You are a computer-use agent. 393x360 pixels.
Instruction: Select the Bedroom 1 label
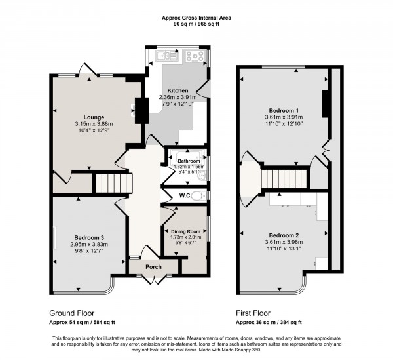click(284, 110)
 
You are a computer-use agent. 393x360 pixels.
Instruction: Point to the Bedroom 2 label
click(284, 235)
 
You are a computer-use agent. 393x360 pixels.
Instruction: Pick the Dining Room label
click(185, 231)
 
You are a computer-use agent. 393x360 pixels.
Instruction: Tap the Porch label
click(153, 266)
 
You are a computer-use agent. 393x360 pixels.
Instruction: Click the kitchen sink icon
click(167, 55)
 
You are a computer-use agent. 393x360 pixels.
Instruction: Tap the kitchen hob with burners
click(195, 55)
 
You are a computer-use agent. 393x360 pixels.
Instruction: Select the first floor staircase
click(284, 178)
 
